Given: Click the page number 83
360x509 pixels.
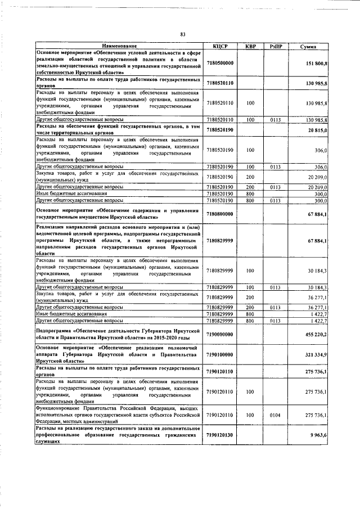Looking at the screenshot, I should tap(183, 34).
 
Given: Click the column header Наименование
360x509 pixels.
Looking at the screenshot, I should tap(119, 46).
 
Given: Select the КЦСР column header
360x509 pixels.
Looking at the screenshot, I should tap(220, 46).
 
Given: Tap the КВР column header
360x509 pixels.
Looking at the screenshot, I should tap(250, 46).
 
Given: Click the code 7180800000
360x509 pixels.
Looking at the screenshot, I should tap(220, 213).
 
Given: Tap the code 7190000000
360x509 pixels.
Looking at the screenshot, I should tap(220, 334).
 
